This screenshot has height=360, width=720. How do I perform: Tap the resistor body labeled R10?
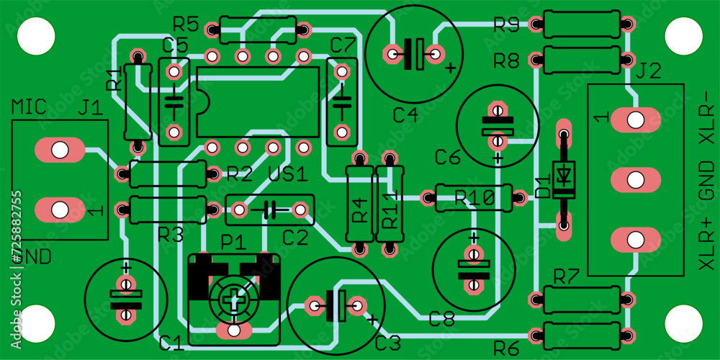click(473, 197)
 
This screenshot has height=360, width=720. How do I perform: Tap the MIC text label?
click(30, 108)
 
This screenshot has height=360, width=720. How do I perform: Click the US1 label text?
click(287, 174)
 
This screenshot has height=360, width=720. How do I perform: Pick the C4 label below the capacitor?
click(405, 114)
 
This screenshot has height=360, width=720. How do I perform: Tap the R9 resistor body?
click(580, 24)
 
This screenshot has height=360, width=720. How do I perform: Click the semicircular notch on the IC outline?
click(202, 102)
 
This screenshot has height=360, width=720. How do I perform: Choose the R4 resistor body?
click(359, 204)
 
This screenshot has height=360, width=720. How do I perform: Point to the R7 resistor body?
click(580, 299)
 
